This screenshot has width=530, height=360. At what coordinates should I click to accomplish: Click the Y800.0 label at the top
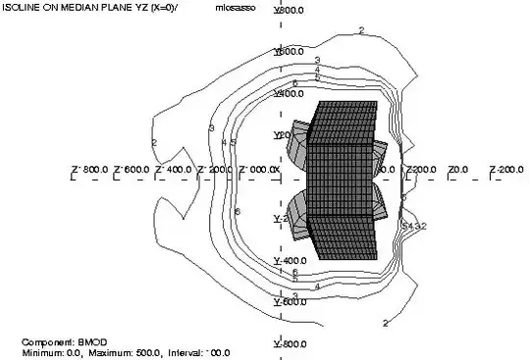(291, 10)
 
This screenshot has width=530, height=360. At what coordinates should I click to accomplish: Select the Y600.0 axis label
(291, 51)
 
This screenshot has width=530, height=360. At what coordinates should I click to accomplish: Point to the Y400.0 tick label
(291, 93)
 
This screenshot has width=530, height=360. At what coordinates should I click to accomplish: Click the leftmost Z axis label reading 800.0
(88, 171)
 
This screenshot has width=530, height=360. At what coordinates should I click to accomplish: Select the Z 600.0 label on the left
(132, 171)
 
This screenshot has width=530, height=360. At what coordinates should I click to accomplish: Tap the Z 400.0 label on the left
(175, 171)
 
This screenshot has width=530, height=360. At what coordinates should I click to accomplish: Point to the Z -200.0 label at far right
(506, 171)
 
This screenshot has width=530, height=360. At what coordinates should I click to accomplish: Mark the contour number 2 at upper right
(361, 31)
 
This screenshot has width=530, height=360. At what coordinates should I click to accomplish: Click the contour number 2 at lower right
(386, 322)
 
